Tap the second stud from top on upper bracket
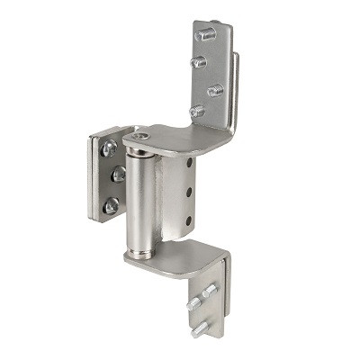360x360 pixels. click(199, 62)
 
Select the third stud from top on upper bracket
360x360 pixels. click(216, 90)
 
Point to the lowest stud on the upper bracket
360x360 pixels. click(196, 110)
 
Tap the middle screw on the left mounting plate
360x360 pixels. click(117, 174)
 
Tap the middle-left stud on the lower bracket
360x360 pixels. click(193, 304)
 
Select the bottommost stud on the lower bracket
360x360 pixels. click(198, 329)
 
